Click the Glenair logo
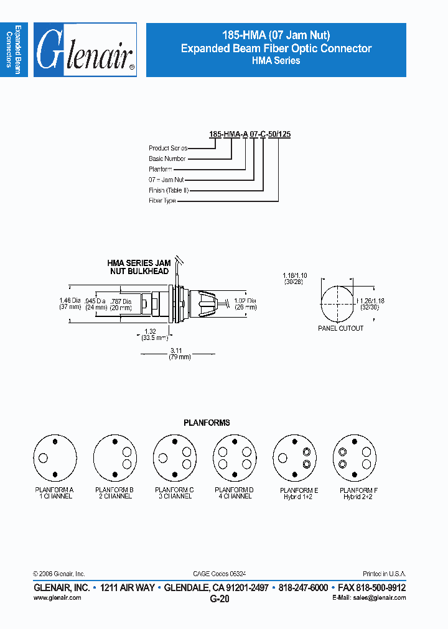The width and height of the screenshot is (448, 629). [x=85, y=50]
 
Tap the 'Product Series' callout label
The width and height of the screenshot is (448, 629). [x=168, y=149]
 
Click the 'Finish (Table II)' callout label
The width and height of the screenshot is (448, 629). [x=168, y=190]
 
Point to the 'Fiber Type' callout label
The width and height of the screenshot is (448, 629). [x=162, y=201]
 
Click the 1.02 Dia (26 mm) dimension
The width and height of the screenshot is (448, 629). [x=245, y=303]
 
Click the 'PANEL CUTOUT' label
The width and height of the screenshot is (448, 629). [x=340, y=328]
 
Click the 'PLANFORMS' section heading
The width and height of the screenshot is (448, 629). [x=207, y=423]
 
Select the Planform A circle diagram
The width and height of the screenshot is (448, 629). [x=54, y=459]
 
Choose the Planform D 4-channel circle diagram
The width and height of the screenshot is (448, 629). [x=234, y=459]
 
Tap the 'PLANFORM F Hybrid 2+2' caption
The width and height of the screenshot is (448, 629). [x=358, y=494]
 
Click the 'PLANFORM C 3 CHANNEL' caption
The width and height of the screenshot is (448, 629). [x=174, y=494]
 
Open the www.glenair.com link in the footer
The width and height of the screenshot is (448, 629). [x=57, y=597]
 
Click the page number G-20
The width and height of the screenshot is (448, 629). [x=220, y=599]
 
